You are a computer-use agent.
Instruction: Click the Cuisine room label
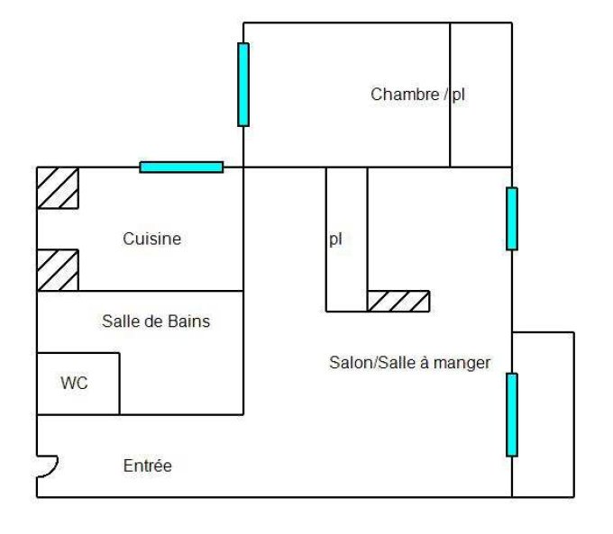(x=151, y=239)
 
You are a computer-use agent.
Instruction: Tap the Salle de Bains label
(x=156, y=321)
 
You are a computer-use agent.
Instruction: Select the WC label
(x=74, y=383)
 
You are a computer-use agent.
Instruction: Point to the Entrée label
(x=147, y=466)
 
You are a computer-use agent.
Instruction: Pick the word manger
(x=462, y=363)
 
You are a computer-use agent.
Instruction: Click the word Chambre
(x=405, y=95)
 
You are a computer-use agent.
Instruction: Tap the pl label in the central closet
(x=335, y=240)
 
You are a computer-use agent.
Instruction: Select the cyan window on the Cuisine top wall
(x=181, y=167)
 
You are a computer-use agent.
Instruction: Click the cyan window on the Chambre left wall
(x=243, y=85)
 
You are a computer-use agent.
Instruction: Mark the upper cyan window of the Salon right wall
(x=512, y=219)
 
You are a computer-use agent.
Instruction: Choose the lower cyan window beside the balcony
(x=512, y=415)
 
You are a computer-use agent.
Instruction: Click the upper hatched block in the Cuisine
(x=58, y=188)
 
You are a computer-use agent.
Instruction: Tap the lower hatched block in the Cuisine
(x=58, y=270)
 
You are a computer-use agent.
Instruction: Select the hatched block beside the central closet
(x=398, y=301)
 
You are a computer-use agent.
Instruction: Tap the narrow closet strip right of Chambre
(x=480, y=95)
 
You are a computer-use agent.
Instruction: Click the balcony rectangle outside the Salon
(x=543, y=415)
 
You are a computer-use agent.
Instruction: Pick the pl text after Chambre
(x=458, y=95)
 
